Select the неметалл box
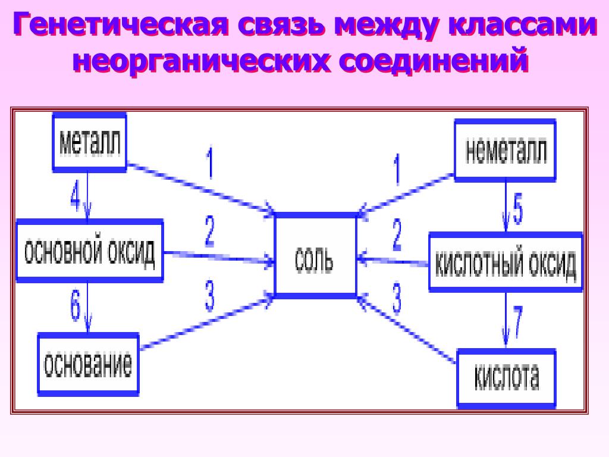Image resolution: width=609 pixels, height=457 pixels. click(x=505, y=149)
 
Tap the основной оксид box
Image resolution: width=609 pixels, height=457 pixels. click(x=89, y=251)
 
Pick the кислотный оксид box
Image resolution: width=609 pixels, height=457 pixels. click(x=506, y=262)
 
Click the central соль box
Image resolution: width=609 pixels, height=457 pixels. click(x=315, y=256)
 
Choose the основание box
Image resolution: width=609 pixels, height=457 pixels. click(x=88, y=364)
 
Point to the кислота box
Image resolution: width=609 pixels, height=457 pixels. click(x=506, y=378)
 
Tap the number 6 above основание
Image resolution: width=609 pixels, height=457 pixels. click(x=76, y=307)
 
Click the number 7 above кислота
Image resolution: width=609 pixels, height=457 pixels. click(x=517, y=321)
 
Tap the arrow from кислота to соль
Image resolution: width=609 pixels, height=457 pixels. click(x=408, y=330)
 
